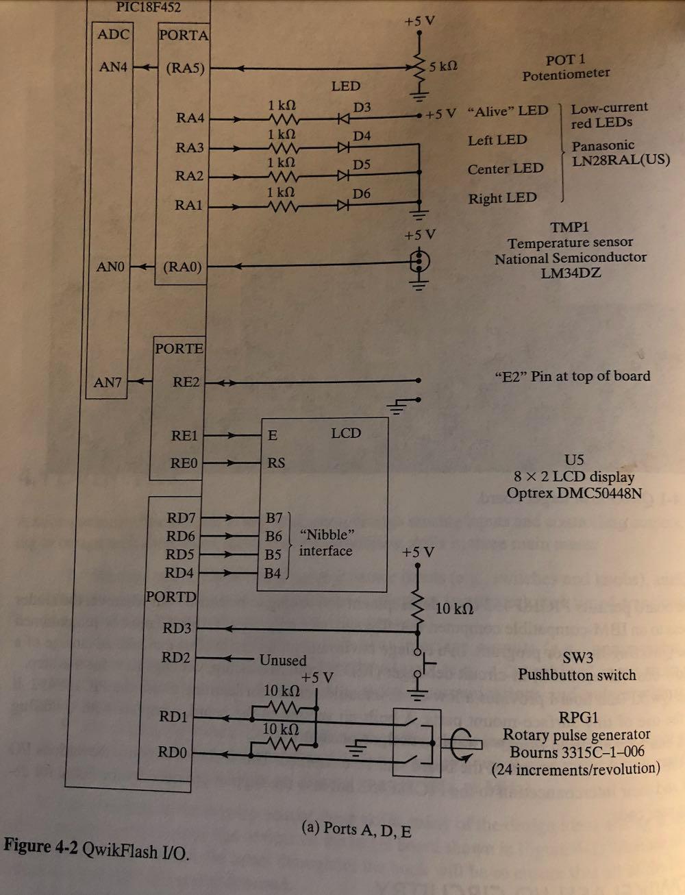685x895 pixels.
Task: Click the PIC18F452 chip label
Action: (148, 7)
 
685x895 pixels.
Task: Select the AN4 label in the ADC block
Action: (113, 66)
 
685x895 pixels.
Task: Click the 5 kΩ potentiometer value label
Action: (443, 66)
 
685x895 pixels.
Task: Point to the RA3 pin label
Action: (190, 147)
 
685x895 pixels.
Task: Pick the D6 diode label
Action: (362, 193)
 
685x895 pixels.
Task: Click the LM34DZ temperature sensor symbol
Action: (419, 261)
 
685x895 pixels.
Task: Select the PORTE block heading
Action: (179, 348)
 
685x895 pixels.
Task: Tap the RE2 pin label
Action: (186, 382)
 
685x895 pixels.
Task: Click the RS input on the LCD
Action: (276, 463)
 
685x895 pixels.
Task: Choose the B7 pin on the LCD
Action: (274, 517)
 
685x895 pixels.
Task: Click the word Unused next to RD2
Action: (283, 660)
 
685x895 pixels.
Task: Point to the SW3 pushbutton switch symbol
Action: (422, 663)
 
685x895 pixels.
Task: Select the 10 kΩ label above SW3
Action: (454, 609)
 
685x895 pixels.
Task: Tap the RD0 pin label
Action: (172, 752)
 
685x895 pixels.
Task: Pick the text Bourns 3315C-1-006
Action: (577, 752)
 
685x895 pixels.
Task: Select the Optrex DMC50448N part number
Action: (574, 493)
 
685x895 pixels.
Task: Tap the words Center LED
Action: (506, 169)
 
